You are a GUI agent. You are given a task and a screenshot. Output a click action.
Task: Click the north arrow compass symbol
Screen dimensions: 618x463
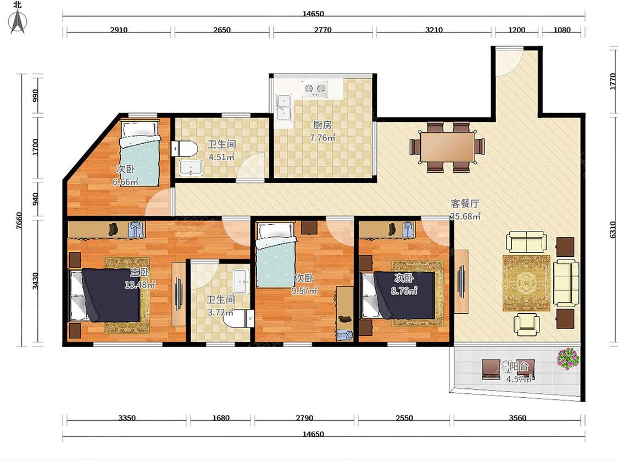18,21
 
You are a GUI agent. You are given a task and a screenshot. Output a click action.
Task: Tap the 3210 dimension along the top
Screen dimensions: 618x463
434,30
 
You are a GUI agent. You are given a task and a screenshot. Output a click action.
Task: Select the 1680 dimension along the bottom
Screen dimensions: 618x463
221,417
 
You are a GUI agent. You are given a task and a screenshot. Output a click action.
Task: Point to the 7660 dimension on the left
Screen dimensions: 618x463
19,221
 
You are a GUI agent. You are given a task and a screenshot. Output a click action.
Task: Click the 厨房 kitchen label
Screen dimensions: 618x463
322,125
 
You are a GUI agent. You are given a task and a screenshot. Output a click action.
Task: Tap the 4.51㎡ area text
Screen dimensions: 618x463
222,157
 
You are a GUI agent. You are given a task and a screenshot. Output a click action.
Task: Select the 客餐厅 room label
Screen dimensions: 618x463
465,204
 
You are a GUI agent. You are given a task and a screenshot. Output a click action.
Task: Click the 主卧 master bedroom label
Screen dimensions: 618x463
139,272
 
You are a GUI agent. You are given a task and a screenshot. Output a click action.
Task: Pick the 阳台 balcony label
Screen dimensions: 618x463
519,366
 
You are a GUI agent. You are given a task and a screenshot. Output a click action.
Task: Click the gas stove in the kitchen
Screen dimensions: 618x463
315,89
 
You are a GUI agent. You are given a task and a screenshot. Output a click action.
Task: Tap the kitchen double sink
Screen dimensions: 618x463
283,108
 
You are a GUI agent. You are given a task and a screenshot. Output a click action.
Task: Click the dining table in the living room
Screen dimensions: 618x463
447,147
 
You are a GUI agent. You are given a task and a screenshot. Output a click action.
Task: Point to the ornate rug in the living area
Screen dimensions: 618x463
526,283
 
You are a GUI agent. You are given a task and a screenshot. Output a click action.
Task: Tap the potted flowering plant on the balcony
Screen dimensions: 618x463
568,358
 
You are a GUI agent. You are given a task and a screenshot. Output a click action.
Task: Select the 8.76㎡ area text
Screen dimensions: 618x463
404,291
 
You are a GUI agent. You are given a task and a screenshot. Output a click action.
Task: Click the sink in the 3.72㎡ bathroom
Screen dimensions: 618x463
241,281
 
